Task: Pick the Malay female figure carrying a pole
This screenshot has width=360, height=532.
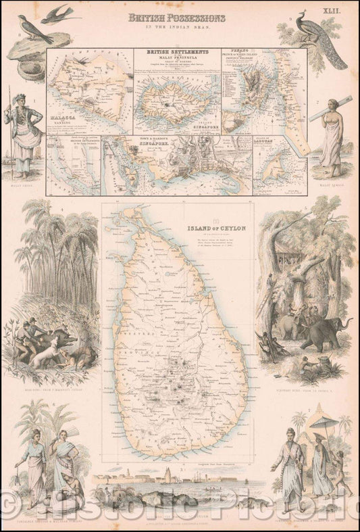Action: [x=332, y=132]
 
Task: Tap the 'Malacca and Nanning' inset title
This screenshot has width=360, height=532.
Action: [x=63, y=117]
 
